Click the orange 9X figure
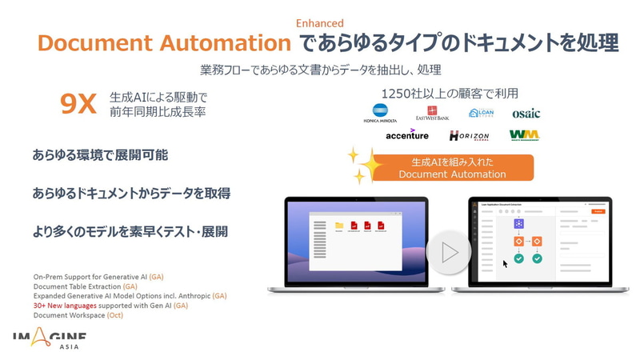point(79,104)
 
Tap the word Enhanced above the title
point(320,23)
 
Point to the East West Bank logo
point(433,114)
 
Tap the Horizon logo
point(469,136)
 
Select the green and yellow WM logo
point(524,135)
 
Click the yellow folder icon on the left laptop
point(339,226)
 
